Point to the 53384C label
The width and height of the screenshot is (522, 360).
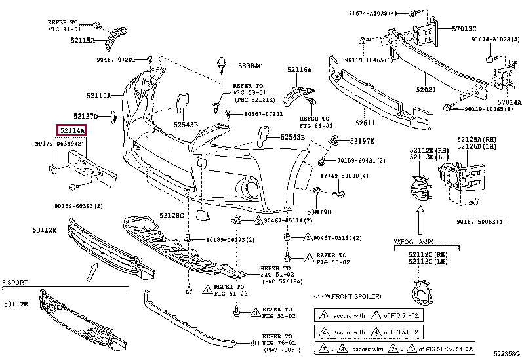250,66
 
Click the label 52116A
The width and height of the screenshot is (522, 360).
299,70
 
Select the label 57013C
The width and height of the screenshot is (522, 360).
464,29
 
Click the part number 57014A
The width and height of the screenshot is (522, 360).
509,102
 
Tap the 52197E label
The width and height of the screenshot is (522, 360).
361,141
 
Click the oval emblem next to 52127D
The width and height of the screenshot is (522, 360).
113,117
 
